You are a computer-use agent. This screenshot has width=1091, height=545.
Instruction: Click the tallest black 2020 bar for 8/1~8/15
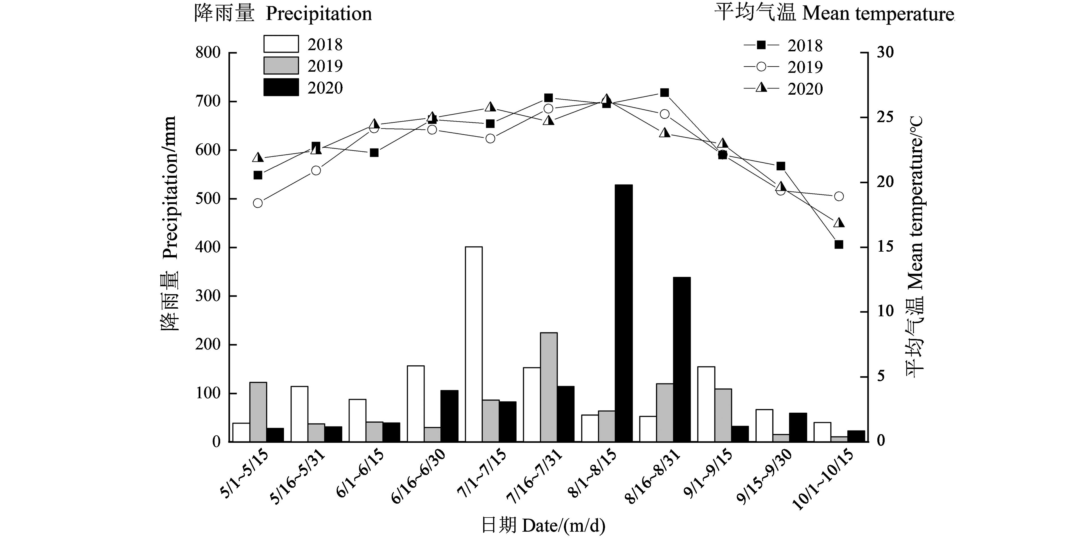[623, 313]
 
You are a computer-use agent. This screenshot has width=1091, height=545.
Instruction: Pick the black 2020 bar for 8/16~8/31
[682, 360]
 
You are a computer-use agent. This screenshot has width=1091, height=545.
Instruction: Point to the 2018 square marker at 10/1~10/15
[839, 244]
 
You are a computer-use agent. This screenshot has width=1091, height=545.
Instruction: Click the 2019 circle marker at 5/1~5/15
[258, 203]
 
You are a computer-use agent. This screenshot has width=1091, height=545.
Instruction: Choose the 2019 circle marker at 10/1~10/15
[839, 196]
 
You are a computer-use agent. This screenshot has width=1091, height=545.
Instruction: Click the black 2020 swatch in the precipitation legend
[281, 87]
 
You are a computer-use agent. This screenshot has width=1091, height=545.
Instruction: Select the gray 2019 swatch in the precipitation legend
[281, 66]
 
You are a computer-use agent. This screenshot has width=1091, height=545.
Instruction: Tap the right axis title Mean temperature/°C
[915, 247]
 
